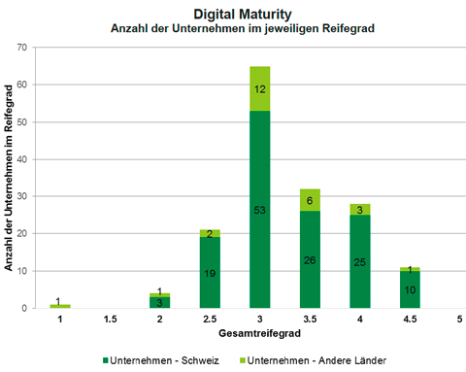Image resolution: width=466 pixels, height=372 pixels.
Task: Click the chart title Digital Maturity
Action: click(243, 15)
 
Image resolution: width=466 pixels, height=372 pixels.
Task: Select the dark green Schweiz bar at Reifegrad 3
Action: click(260, 209)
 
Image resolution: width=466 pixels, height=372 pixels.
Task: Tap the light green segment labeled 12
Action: click(260, 88)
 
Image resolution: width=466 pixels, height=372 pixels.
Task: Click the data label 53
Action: click(259, 210)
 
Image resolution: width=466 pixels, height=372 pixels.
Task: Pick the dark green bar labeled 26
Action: click(310, 259)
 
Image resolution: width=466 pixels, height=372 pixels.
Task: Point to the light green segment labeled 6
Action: click(310, 200)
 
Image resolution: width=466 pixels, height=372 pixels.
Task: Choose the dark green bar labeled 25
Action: click(360, 261)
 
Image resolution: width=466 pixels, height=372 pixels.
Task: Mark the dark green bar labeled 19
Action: click(210, 272)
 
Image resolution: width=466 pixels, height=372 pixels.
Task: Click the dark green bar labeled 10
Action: click(410, 289)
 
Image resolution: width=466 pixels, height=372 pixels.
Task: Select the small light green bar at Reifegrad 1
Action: click(60, 306)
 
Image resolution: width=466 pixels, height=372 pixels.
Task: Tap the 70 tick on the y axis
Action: click(22, 48)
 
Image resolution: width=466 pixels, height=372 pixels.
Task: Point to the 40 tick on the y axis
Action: click(22, 159)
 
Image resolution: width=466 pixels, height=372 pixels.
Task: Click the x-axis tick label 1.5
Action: click(110, 320)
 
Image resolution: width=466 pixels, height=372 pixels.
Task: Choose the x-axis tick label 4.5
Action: click(410, 320)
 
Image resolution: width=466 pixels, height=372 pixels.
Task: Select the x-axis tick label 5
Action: click(459, 320)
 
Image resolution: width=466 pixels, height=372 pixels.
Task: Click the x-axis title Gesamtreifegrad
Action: click(259, 333)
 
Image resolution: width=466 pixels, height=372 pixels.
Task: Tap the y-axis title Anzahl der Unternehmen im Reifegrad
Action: click(9, 178)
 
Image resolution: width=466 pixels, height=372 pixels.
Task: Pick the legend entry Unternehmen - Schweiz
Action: click(161, 360)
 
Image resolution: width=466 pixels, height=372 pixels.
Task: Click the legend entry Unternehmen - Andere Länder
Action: click(313, 360)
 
